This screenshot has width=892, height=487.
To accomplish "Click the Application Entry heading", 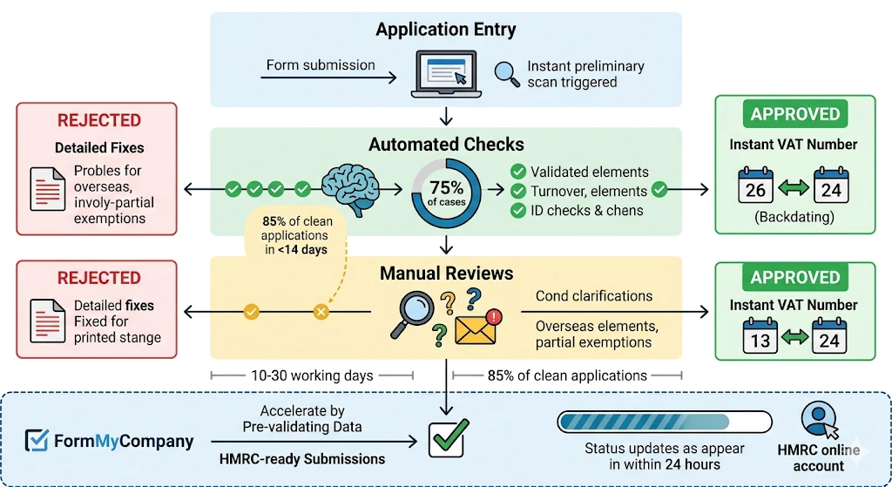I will click(x=445, y=30).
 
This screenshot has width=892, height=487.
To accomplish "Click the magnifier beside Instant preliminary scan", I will click(x=506, y=73).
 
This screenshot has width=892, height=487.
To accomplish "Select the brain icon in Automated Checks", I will click(x=351, y=186).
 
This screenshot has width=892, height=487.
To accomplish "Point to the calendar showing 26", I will click(x=755, y=185).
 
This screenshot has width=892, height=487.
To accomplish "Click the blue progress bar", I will click(x=664, y=422).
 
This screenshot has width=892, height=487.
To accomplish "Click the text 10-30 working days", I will click(x=311, y=375).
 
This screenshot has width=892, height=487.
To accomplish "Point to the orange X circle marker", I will click(x=321, y=311).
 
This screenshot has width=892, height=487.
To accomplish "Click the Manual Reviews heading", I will click(x=446, y=274).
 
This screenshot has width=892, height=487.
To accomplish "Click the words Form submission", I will click(x=321, y=65).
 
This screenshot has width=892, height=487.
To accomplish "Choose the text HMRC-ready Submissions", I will click(x=302, y=459).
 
